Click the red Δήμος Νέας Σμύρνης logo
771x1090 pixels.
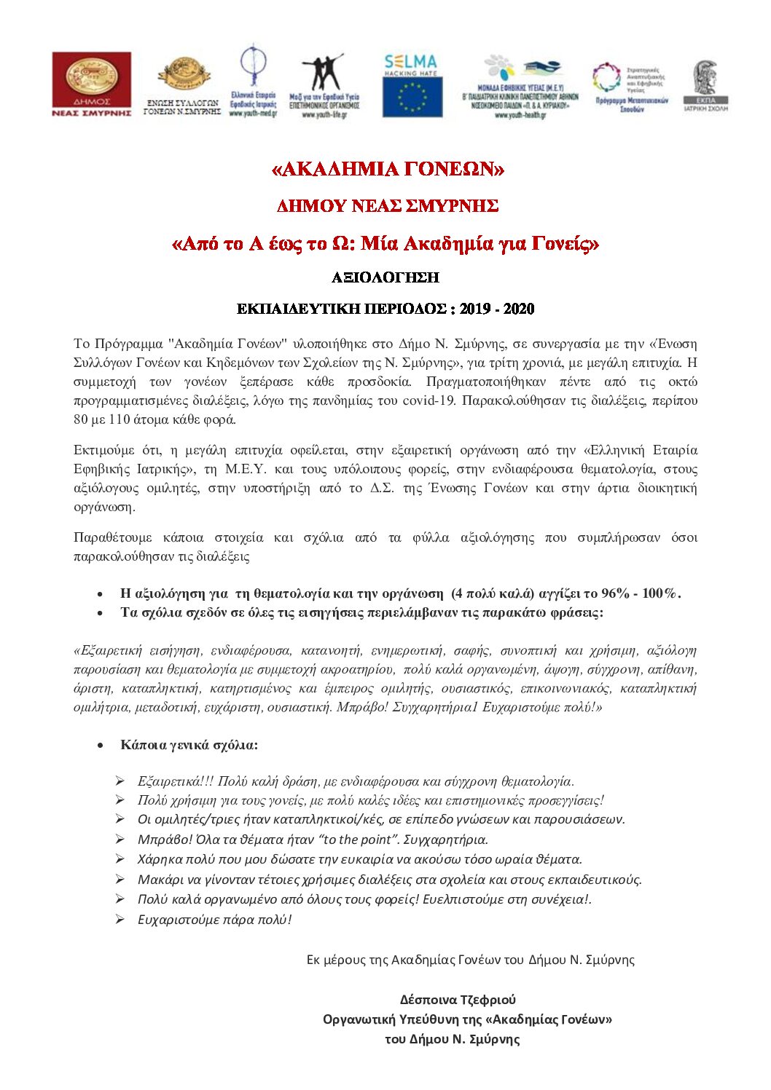(x=92, y=84)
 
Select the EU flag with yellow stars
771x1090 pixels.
(x=412, y=98)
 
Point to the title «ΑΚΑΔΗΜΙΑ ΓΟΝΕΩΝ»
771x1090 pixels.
(x=388, y=170)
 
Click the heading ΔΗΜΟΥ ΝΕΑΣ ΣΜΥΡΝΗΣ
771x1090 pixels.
(x=388, y=206)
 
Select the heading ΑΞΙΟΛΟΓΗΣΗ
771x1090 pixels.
(x=385, y=277)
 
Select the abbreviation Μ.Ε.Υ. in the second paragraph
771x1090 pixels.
(x=243, y=469)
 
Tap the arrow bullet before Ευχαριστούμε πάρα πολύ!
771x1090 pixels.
(x=120, y=919)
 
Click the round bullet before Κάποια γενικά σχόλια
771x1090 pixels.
(x=101, y=746)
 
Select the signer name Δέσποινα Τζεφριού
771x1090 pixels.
(x=458, y=1000)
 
